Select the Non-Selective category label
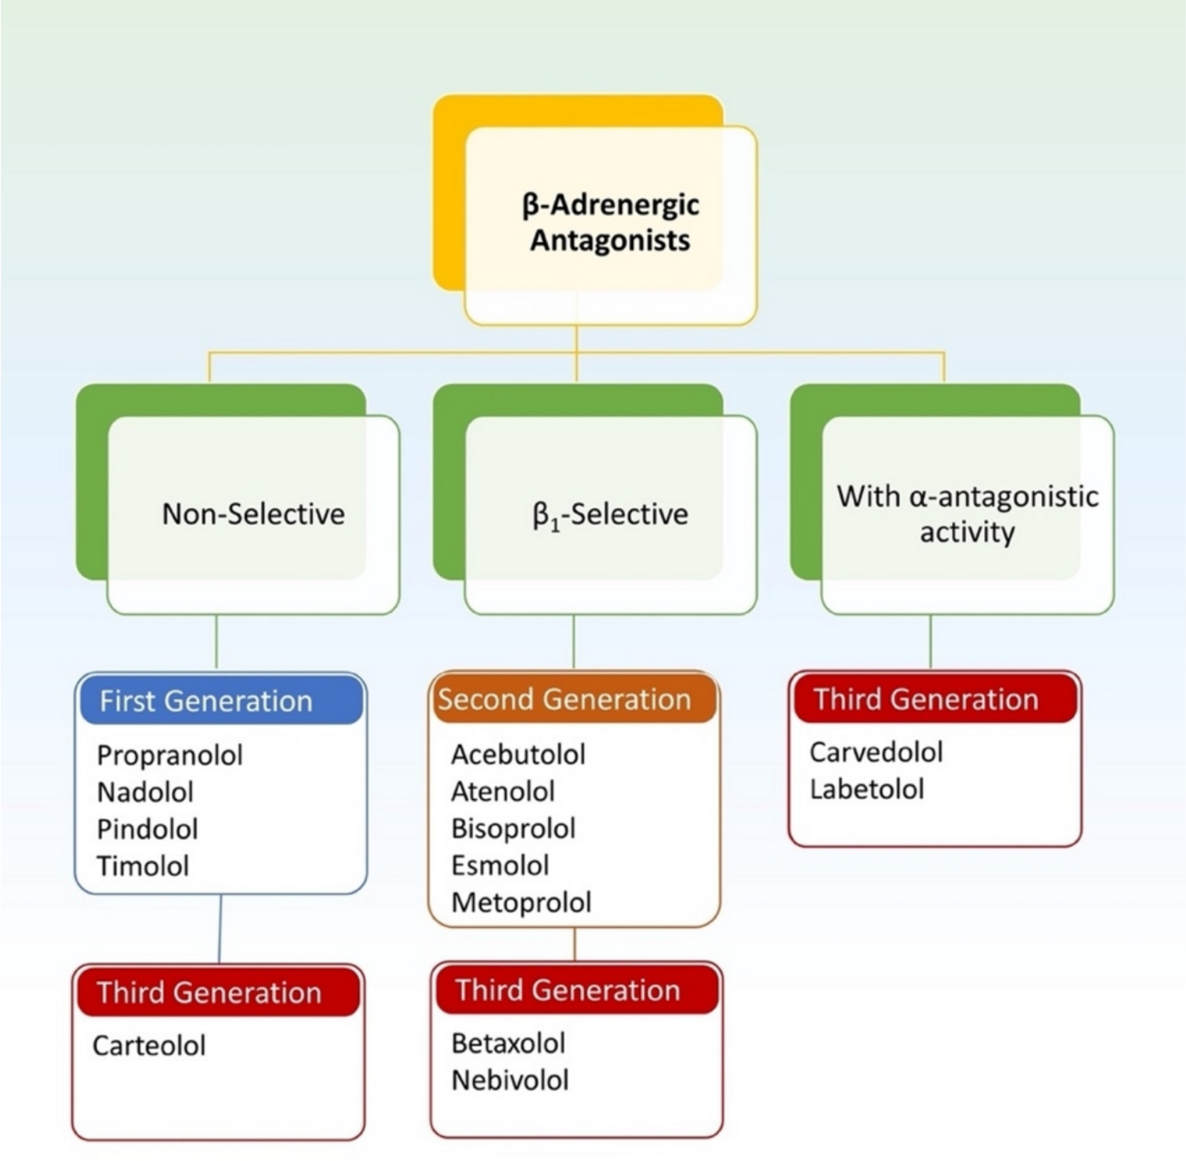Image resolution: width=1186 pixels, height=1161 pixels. [x=253, y=514]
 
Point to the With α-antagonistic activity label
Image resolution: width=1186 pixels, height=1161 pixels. [x=967, y=513]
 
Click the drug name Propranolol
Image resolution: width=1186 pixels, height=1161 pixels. [x=170, y=755]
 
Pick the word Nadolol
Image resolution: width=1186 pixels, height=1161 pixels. [x=145, y=792]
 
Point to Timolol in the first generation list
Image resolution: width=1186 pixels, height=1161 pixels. [x=143, y=866]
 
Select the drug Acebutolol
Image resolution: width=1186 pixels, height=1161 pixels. [x=518, y=755]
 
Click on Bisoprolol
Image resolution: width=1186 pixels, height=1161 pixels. [x=513, y=829]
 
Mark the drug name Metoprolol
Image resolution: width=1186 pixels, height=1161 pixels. [x=521, y=902]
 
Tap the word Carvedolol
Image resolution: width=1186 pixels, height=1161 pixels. [x=876, y=752]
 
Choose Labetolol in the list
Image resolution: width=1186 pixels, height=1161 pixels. [x=866, y=789]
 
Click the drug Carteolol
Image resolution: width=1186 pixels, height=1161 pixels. [x=149, y=1046]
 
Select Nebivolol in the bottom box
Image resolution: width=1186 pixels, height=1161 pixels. [x=510, y=1081]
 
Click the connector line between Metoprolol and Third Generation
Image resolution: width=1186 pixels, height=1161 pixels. [x=574, y=944]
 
